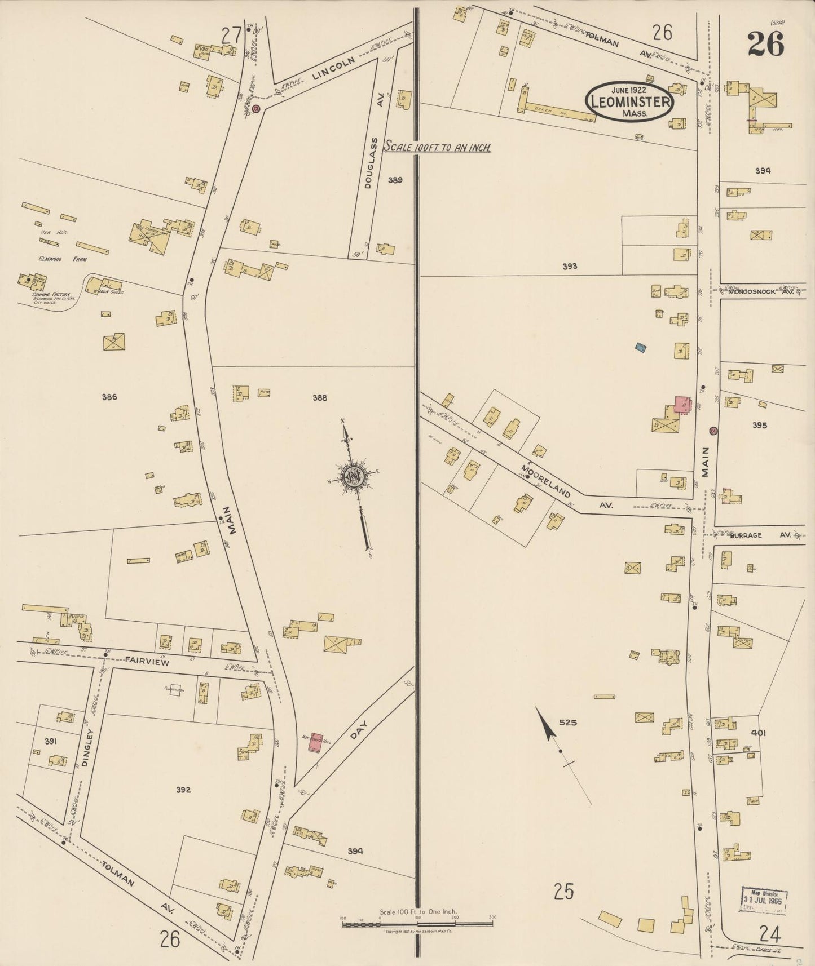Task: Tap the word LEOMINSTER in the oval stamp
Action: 630,102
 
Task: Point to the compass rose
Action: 354,476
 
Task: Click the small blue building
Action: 640,348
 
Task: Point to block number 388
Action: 320,398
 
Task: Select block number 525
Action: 568,722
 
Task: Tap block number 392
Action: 183,790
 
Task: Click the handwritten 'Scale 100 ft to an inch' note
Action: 437,148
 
